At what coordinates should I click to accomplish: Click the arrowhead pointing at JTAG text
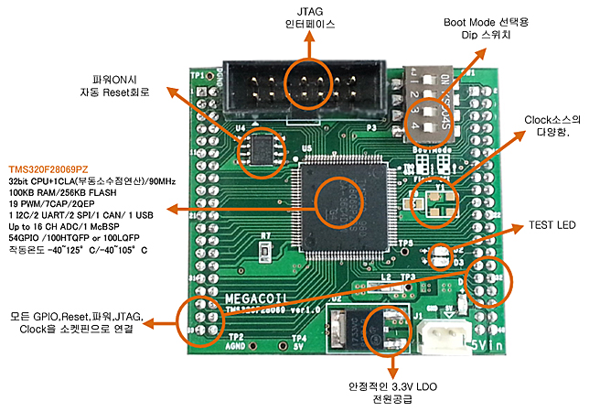[x=308, y=42]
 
